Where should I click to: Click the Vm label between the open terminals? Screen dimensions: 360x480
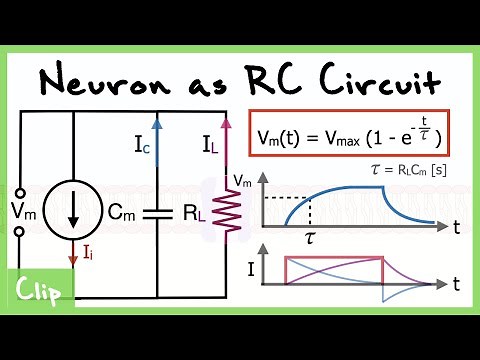(x=21, y=210)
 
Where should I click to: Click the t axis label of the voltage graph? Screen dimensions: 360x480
(x=456, y=228)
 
